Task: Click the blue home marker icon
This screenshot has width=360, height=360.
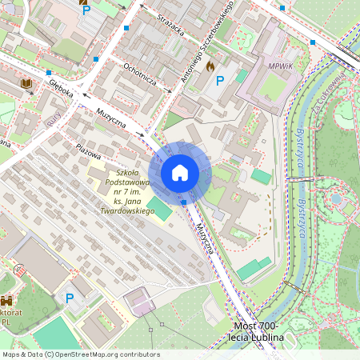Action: tap(180, 173)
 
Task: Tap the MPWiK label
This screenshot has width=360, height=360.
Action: tap(281, 66)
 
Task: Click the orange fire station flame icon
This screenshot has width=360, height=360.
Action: tap(210, 66)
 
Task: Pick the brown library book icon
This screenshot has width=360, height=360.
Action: tap(26, 82)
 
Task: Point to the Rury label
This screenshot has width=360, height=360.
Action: tap(54, 120)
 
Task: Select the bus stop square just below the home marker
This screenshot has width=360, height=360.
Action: tap(184, 202)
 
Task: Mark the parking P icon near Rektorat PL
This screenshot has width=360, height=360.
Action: tap(69, 298)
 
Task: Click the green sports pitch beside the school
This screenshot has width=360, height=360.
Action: tap(161, 210)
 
